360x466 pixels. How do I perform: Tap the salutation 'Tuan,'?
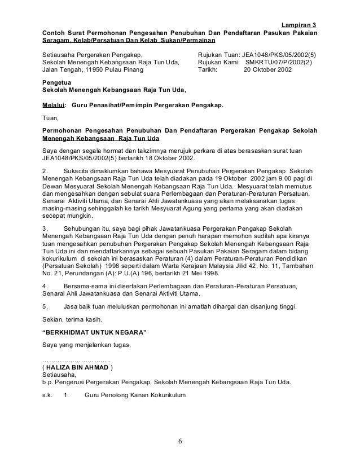(x=51, y=119)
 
